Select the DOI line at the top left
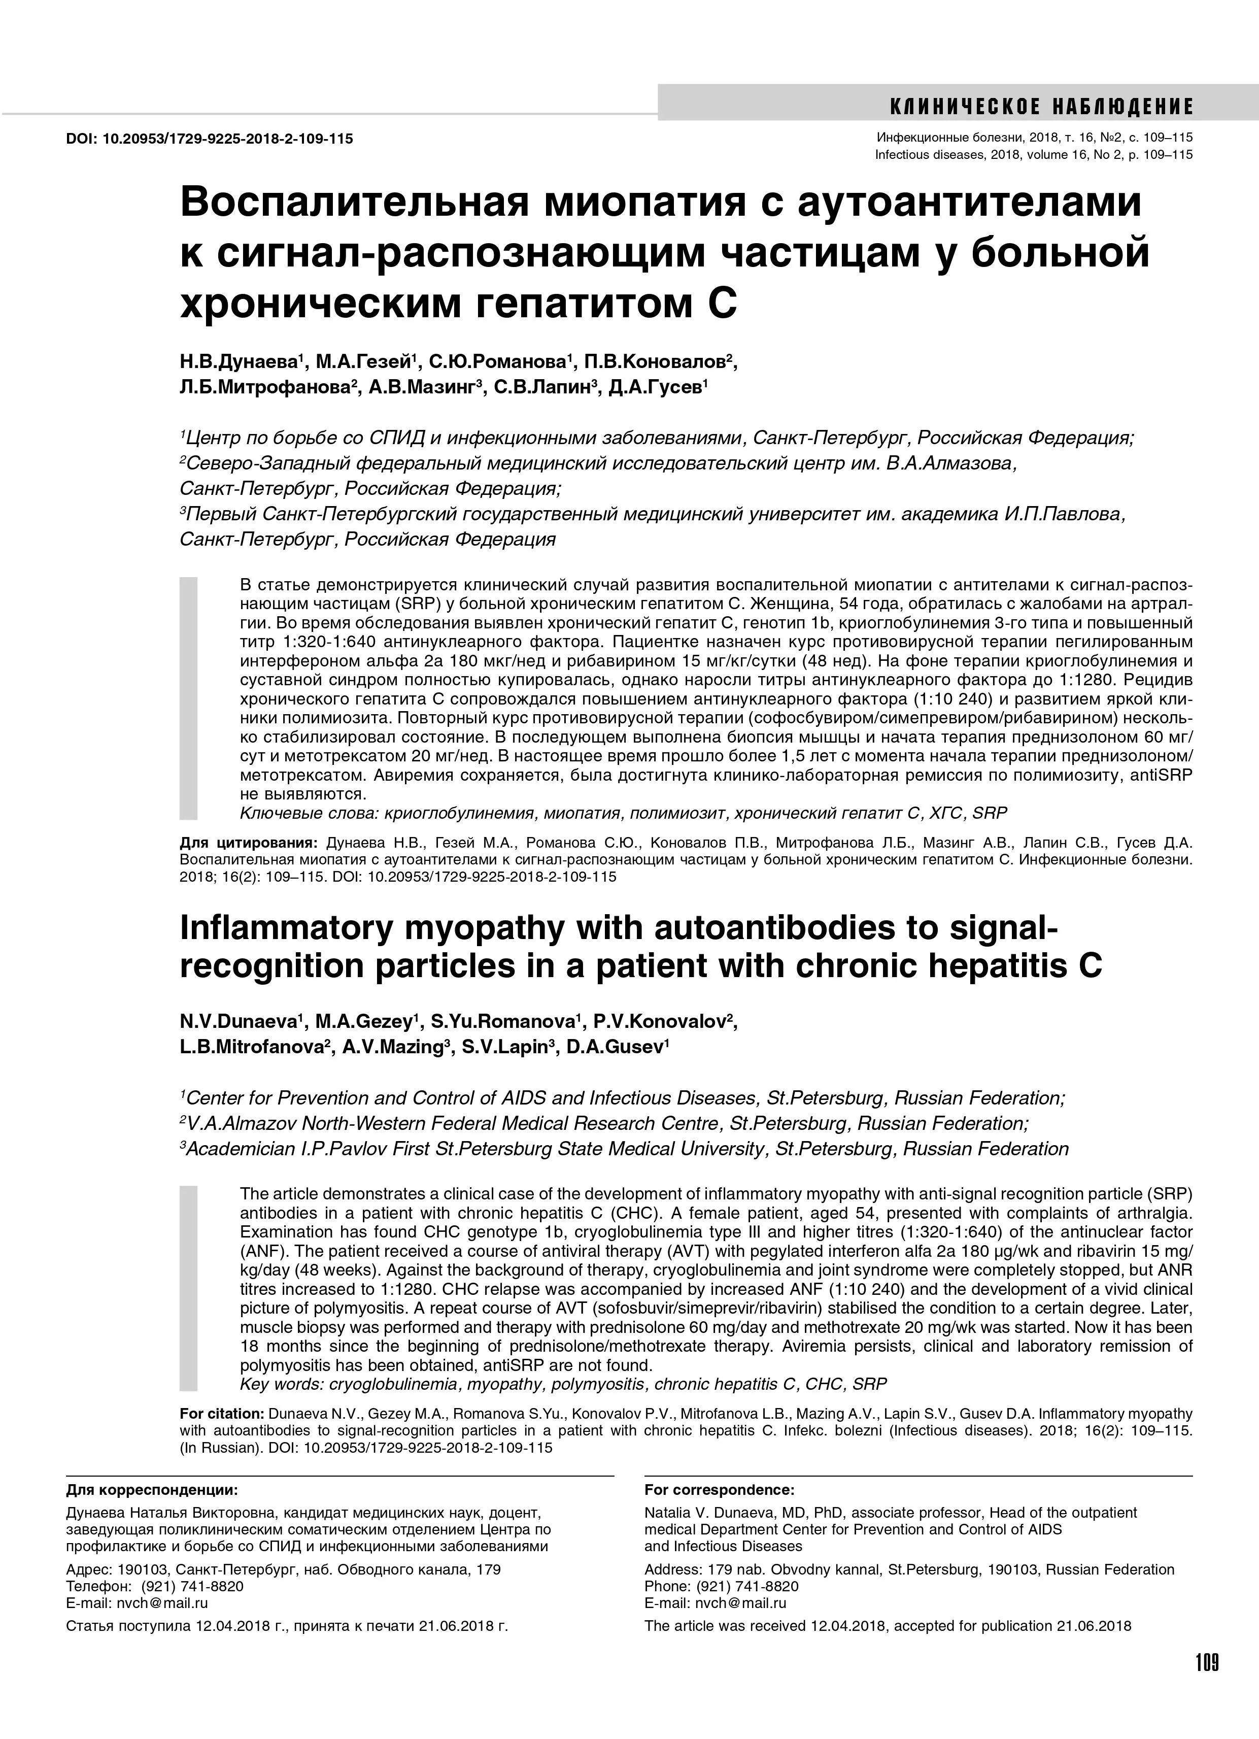tap(209, 139)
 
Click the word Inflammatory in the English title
tap(299, 928)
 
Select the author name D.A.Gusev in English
tap(616, 1047)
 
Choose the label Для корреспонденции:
tap(152, 1489)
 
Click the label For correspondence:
tap(719, 1489)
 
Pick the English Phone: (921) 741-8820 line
tap(721, 1586)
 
